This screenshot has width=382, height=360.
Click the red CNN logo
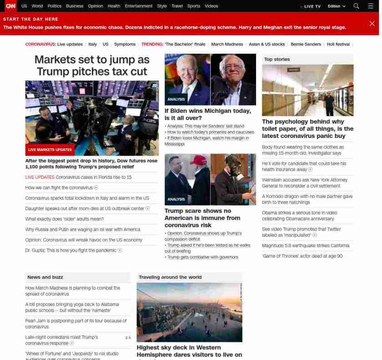10,6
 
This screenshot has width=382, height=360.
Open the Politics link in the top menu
54,6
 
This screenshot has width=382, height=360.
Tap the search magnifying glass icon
356,6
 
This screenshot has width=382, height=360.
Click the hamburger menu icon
370,6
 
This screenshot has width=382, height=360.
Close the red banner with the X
372,23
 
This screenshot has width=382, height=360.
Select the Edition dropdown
337,6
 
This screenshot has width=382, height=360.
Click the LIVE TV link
312,6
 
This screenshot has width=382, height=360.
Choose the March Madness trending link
227,44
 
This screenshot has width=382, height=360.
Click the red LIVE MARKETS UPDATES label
50,150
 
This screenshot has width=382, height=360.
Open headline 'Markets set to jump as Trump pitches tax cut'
92,66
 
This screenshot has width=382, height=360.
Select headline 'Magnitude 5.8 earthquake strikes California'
306,246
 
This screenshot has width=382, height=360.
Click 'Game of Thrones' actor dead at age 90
302,256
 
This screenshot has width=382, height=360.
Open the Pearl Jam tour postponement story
76,324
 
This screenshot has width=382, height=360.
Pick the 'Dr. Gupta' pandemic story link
71,250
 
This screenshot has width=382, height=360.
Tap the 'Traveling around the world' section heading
170,277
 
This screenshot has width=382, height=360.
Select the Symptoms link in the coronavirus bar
125,44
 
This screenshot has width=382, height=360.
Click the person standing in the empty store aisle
329,103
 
